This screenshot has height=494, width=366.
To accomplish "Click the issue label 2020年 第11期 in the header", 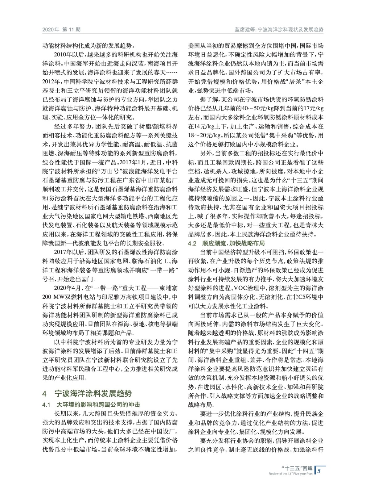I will coord(61,30).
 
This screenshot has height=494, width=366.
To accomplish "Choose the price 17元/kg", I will coord(314,108).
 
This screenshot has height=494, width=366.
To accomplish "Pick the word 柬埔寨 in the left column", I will coord(169,288).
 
